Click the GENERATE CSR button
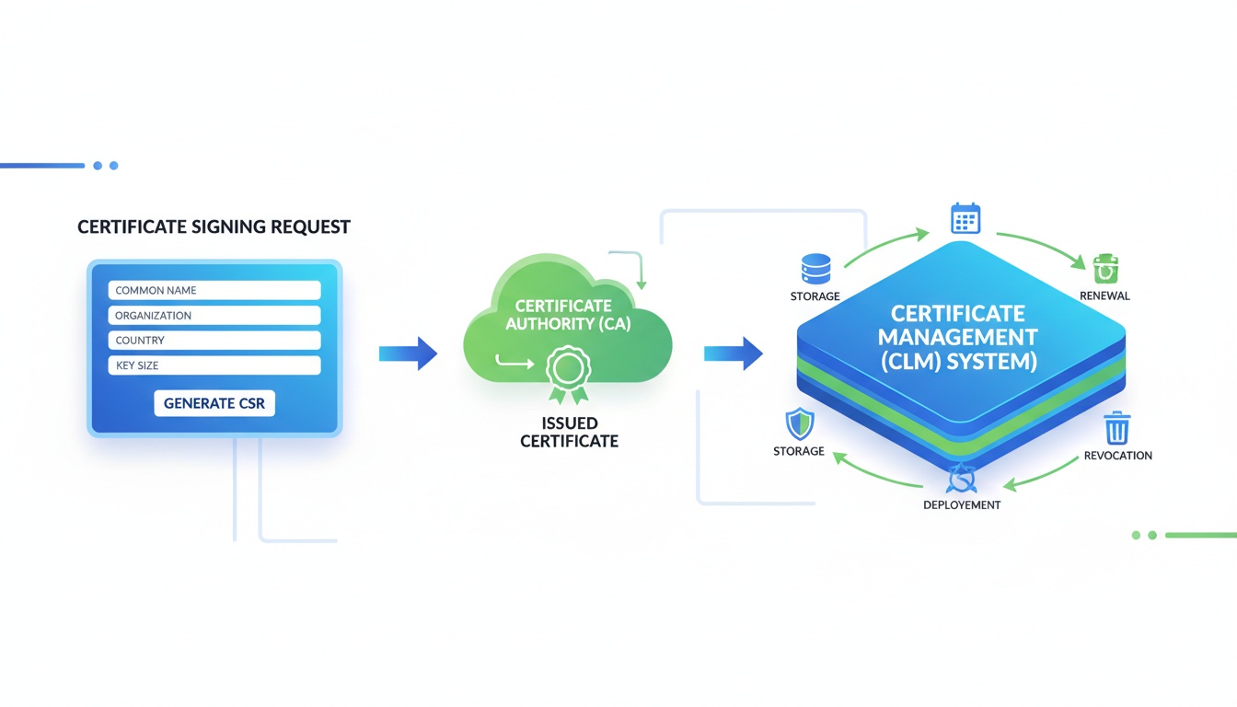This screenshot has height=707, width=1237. coord(214,403)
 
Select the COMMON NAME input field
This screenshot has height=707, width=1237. coord(214,290)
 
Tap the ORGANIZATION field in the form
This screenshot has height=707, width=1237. coord(214,315)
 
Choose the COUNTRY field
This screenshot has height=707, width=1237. coord(214,341)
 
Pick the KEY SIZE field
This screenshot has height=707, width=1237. coord(214,365)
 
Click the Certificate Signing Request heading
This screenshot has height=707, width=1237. coord(214,226)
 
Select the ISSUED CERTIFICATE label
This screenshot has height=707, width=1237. coord(569,432)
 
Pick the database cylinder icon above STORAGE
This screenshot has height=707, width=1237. coord(815,268)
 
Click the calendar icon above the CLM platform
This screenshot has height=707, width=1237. coord(965,219)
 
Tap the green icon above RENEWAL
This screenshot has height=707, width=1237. coord(1104,270)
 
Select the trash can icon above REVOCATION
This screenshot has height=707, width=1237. coord(1116,428)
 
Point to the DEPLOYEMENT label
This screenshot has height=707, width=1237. coord(961,505)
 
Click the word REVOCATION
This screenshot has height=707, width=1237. coord(1117,456)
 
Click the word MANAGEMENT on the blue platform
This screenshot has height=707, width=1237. coord(957,337)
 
